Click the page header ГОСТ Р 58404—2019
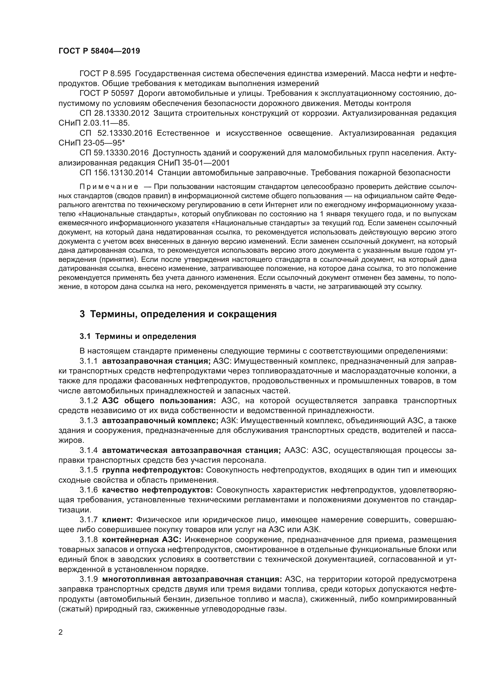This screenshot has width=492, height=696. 99,51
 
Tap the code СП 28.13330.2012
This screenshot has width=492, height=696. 114,113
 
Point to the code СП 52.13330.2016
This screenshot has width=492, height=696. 116,133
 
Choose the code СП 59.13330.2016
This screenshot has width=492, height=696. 114,153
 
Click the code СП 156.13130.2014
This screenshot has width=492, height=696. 116,173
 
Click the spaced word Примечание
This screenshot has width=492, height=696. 109,187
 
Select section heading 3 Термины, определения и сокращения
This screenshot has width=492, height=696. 178,314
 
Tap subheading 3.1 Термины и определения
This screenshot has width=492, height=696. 138,336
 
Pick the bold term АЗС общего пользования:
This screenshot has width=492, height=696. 159,401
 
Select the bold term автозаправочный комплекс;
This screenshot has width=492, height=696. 160,421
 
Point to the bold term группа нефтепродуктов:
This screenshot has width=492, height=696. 153,470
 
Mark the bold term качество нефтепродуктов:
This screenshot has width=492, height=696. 158,490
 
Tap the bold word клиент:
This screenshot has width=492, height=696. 117,520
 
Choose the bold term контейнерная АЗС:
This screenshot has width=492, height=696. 142,539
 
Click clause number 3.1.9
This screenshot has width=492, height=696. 88,579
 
